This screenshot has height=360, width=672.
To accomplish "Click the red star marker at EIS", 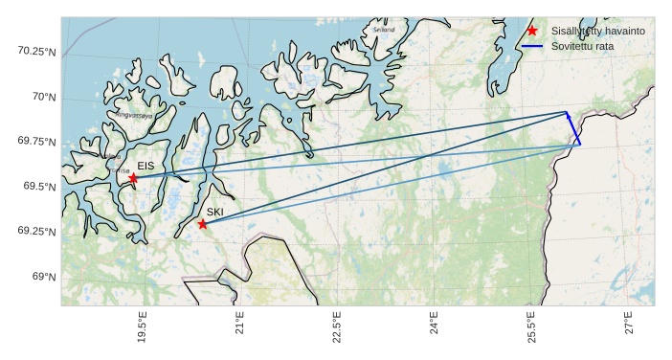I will (x=133, y=178).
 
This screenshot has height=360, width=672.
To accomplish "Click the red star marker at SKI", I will (x=202, y=224).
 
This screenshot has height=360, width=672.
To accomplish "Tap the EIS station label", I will (x=146, y=167).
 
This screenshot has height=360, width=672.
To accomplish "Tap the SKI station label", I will (x=215, y=212).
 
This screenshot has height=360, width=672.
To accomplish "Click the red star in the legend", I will (x=532, y=31).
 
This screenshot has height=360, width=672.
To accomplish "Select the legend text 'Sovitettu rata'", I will (x=584, y=46).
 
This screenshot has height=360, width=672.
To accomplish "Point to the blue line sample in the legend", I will (x=532, y=46).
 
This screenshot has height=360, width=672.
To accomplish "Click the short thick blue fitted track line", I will (x=573, y=128).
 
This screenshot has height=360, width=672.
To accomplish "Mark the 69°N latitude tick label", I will (x=44, y=277).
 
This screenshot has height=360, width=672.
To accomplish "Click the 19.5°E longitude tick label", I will (x=143, y=329).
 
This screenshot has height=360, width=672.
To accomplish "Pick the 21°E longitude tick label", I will (x=240, y=326).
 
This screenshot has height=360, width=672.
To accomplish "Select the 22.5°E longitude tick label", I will (x=337, y=329).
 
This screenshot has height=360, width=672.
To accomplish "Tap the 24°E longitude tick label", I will (x=435, y=326).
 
